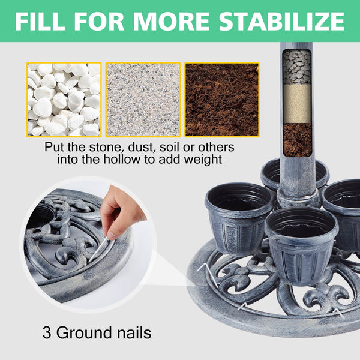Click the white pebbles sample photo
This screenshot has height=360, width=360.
coord(64,100)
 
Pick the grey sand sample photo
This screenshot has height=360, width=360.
coord(143,100)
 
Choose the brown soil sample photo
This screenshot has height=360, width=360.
coord(222,100)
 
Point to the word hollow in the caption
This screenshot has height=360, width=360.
coord(122,160)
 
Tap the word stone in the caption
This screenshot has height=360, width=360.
coord(105,147)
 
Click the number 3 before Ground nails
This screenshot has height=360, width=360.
coord(47,332)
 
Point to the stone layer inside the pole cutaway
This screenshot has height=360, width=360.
coord(296,67)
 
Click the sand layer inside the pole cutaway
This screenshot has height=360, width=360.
coord(297,104)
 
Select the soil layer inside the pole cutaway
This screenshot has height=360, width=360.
coord(297,140)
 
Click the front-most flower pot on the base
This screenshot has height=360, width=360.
coord(301,245)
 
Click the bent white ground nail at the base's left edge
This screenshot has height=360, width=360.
coord(208,274)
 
